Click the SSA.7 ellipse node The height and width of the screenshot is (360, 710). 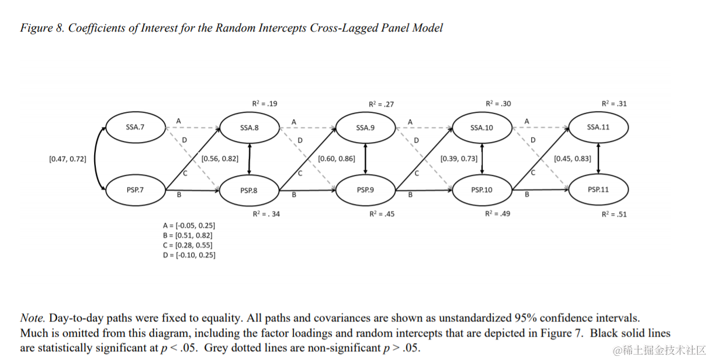(136, 127)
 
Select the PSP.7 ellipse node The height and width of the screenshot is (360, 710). (136, 190)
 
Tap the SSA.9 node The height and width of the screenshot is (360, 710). (365, 128)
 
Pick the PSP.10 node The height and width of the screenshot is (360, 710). (482, 190)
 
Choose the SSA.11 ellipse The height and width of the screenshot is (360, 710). (598, 127)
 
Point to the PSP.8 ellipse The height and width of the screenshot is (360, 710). (249, 191)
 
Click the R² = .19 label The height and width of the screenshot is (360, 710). (265, 103)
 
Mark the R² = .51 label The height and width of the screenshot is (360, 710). (614, 214)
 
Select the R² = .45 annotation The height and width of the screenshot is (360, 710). (382, 214)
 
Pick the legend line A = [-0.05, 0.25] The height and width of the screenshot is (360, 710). (189, 226)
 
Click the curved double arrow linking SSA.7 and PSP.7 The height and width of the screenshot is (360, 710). (95, 158)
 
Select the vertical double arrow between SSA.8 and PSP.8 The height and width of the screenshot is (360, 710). (250, 159)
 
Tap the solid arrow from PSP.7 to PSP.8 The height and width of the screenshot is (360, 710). (193, 190)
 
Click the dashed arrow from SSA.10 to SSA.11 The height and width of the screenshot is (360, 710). (541, 127)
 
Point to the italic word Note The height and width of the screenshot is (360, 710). (33, 318)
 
